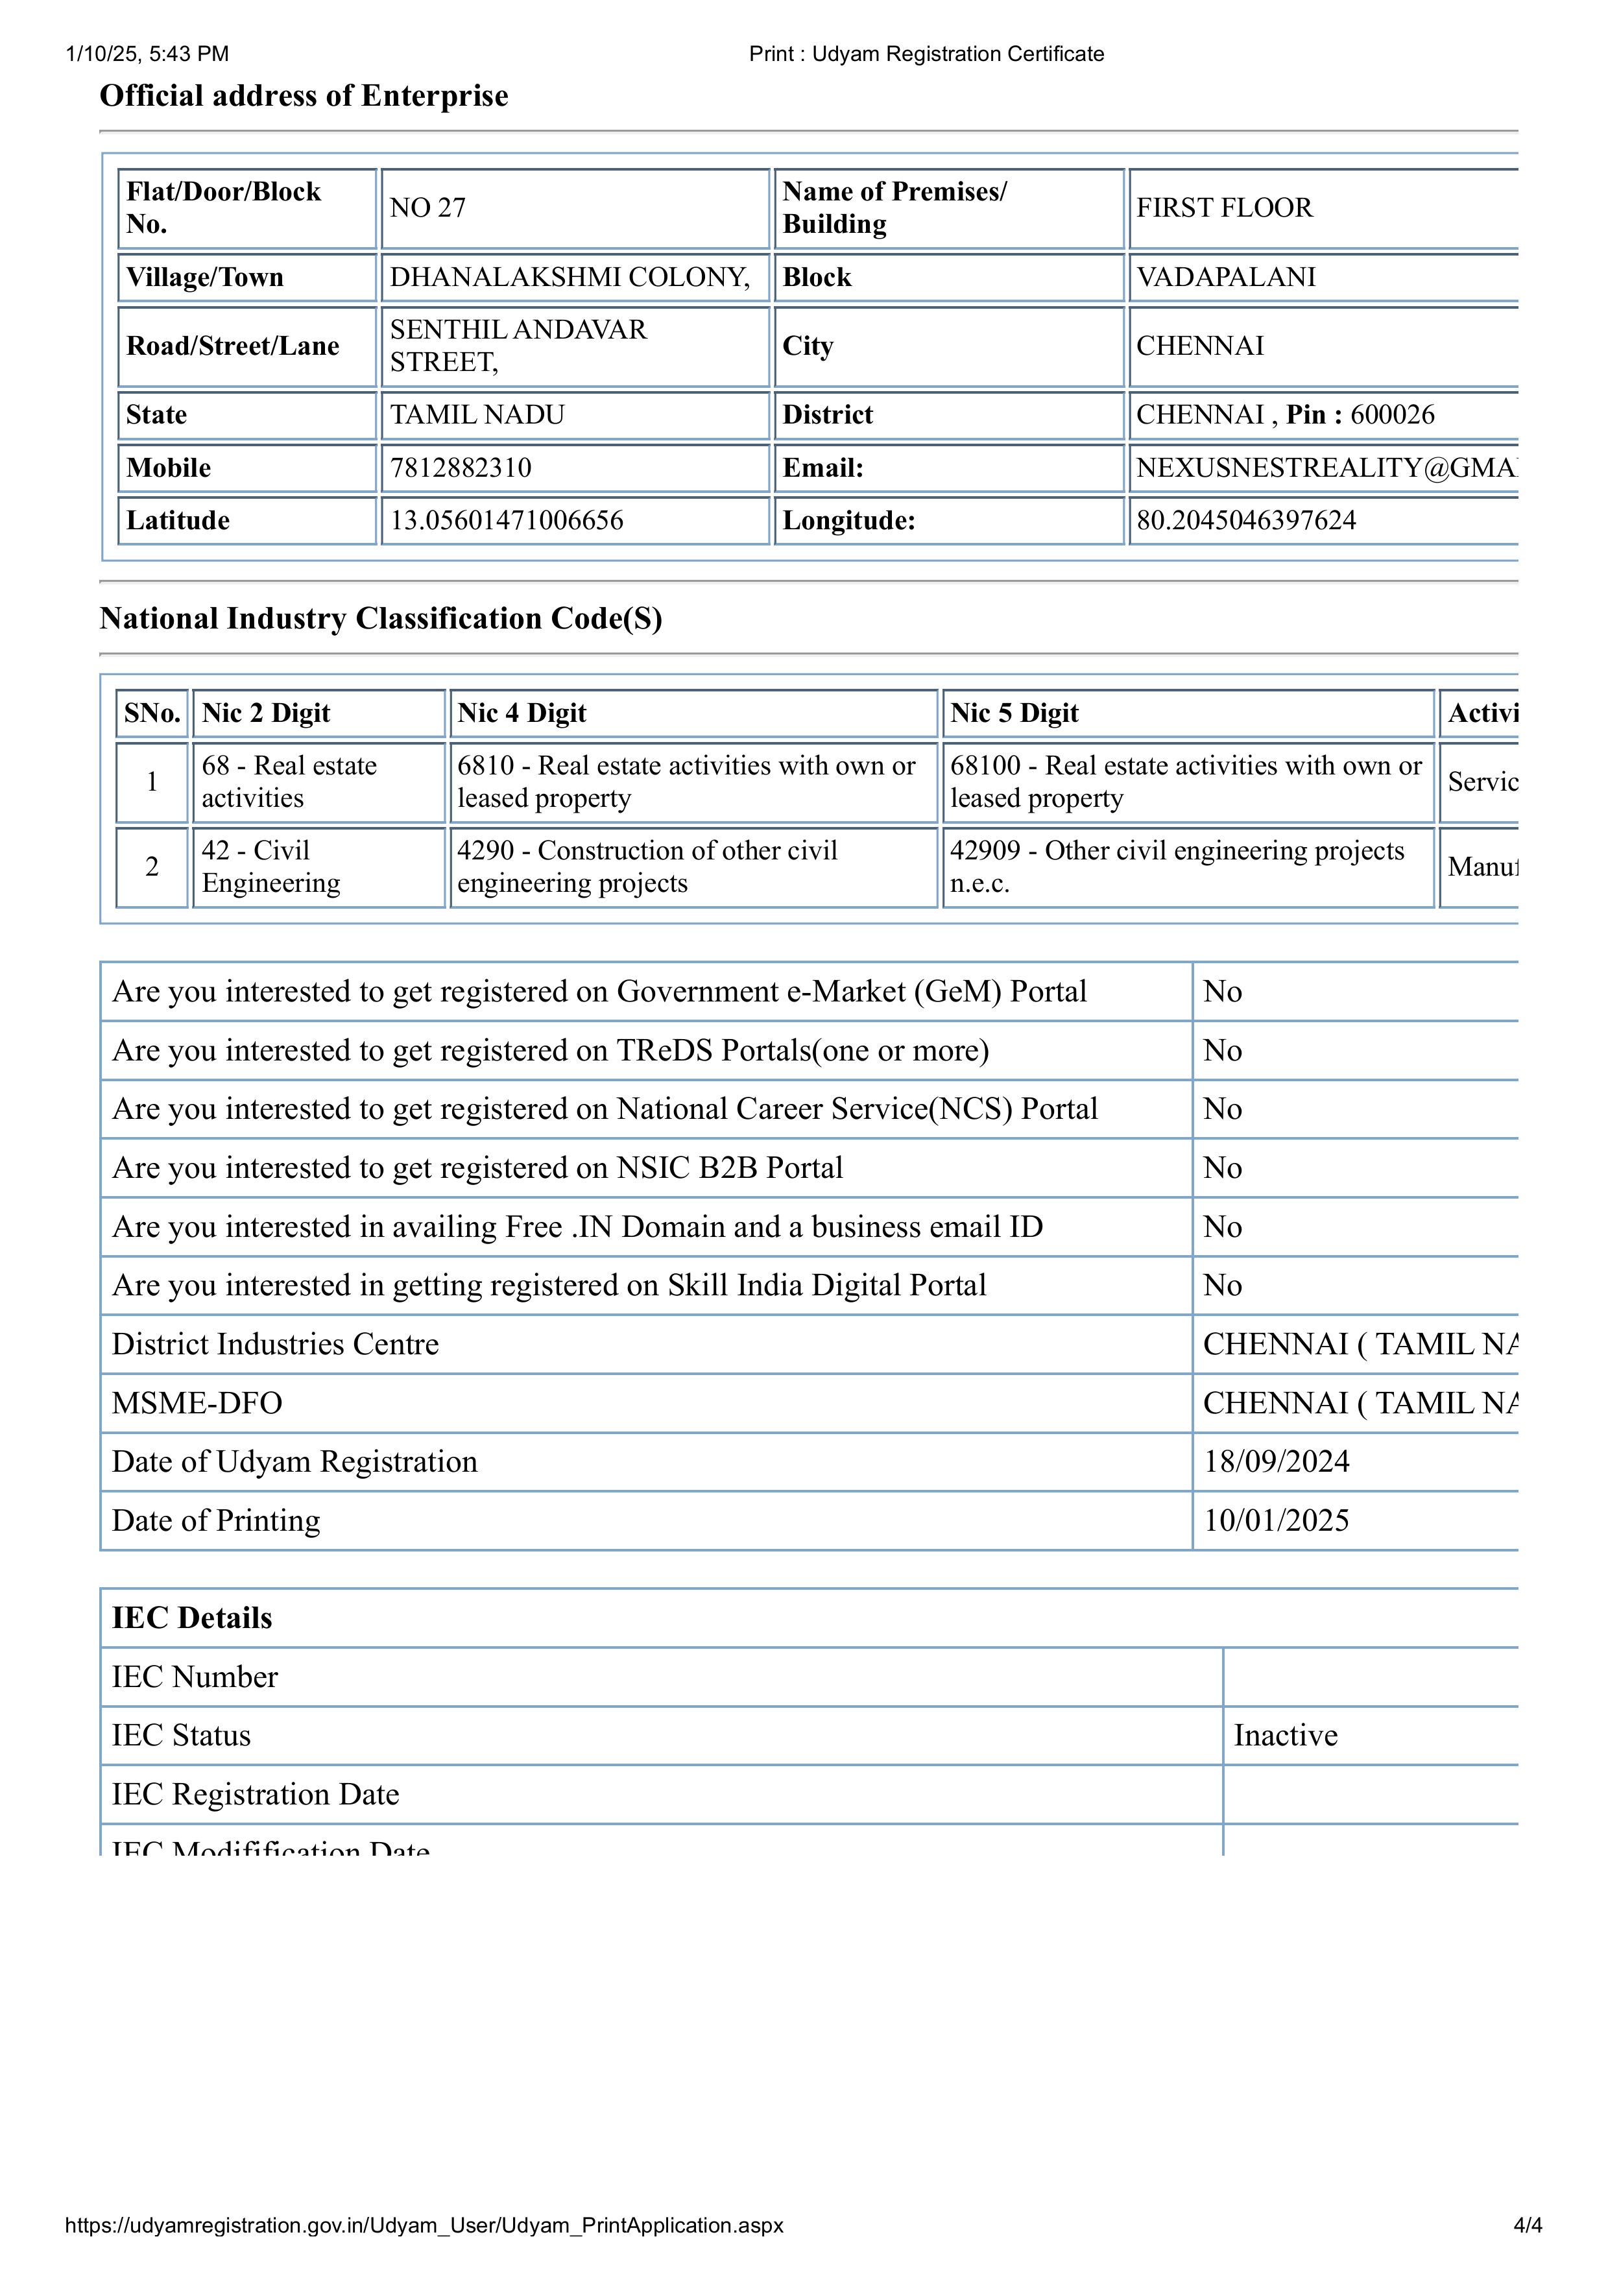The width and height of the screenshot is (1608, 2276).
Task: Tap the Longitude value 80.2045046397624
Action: tap(1245, 520)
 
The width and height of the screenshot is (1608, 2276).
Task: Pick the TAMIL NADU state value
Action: tap(477, 415)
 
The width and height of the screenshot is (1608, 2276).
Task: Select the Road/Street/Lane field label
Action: tap(232, 346)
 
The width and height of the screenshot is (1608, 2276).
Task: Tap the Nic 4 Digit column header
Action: tap(522, 713)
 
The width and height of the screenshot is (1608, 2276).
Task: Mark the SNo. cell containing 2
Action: tap(152, 867)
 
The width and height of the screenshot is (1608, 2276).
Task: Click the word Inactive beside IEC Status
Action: tap(1285, 1736)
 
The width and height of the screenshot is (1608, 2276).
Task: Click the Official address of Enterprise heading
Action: tap(304, 96)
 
